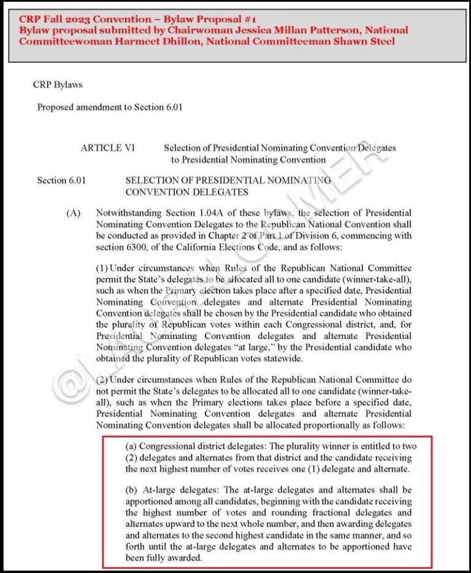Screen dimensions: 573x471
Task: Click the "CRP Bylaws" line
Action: point(58,85)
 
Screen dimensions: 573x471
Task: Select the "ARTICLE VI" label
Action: point(110,148)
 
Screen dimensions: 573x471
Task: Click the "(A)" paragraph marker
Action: point(74,213)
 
